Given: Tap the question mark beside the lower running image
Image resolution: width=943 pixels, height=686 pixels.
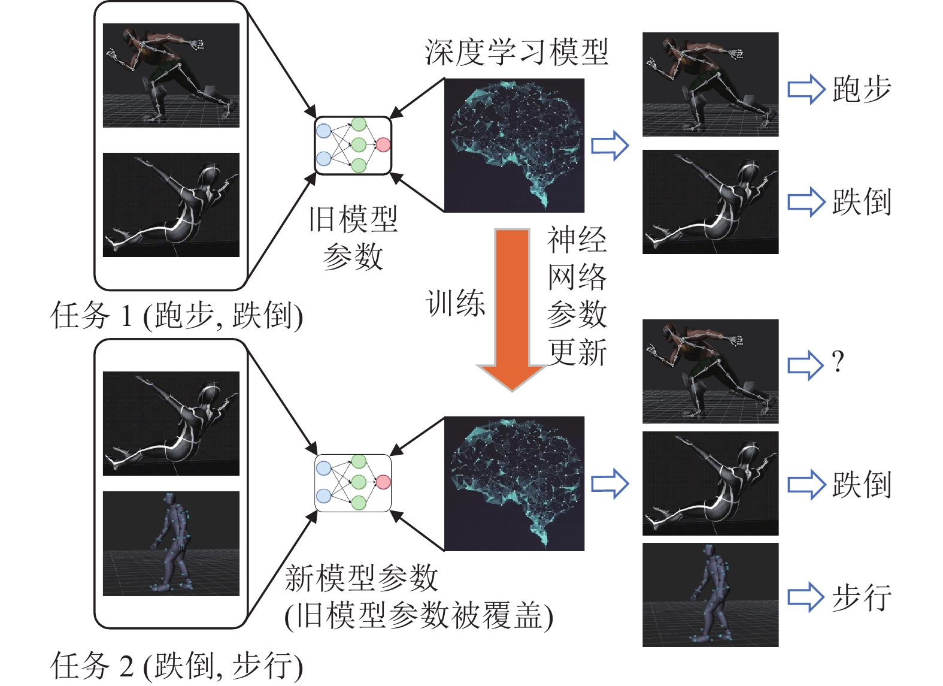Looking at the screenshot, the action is coord(838,361).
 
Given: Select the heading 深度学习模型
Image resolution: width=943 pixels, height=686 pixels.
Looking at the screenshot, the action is coord(517,52).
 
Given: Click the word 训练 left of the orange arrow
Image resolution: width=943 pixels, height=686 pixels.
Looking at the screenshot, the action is coord(456,303).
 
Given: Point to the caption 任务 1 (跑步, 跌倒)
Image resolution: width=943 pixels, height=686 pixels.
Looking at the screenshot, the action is coord(177,316).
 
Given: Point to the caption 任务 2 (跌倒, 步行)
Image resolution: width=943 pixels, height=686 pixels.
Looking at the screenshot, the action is coord(177,666).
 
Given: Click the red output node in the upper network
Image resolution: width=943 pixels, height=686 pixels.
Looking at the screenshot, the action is coord(383,144).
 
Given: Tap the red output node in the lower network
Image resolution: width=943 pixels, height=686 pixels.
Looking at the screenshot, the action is coord(383,482).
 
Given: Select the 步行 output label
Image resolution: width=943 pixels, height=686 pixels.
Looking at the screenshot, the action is coord(862,597).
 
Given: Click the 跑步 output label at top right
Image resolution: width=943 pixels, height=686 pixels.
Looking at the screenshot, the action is coord(862,89).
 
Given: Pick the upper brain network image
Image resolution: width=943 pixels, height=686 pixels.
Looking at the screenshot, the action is coord(514,146).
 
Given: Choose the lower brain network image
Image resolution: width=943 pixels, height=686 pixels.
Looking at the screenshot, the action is coord(514,483).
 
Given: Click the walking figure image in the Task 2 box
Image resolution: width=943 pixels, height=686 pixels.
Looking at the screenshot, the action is coord(171,543).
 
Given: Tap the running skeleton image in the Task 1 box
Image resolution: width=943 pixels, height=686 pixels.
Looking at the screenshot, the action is coord(171,75).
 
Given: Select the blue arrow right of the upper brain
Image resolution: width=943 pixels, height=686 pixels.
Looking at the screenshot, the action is coord(610,146).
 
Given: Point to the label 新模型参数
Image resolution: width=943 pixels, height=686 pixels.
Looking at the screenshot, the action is coord(362,579).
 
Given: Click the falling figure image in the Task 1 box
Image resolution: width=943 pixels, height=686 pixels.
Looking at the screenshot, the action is coord(171,205).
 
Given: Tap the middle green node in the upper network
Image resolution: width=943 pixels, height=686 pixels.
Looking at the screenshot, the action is coord(358,144).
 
